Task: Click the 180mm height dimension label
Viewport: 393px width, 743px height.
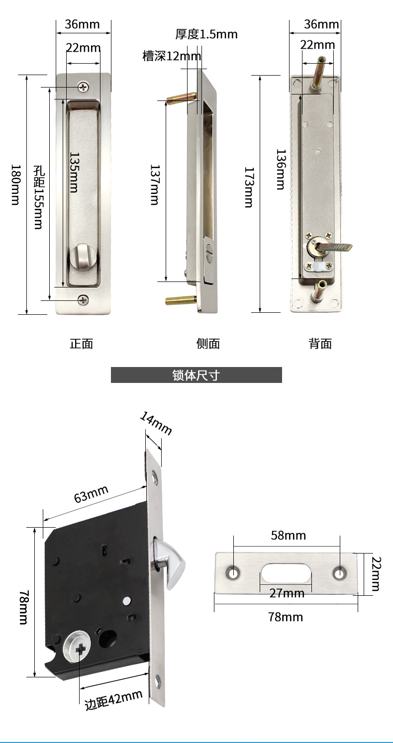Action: [x=16, y=185]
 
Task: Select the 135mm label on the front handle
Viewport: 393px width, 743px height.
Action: [x=74, y=173]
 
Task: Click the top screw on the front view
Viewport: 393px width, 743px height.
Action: [x=83, y=87]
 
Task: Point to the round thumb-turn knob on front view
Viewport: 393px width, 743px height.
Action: [x=81, y=256]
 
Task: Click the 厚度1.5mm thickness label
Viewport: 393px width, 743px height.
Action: [x=206, y=34]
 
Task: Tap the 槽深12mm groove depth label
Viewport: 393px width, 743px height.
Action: [x=172, y=56]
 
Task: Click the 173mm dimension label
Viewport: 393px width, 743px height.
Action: [x=249, y=187]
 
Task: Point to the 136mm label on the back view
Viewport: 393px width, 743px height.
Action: [x=281, y=169]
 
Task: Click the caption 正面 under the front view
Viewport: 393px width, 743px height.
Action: [x=81, y=344]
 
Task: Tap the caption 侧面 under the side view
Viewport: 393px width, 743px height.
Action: [x=208, y=344]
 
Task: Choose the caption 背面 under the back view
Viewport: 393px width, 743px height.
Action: [x=320, y=344]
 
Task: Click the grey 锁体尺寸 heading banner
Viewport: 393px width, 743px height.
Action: [x=196, y=375]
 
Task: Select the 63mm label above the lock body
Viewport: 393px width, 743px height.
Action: [x=91, y=494]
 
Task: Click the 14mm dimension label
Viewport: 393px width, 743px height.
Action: [x=156, y=423]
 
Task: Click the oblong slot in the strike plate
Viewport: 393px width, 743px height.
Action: [x=286, y=573]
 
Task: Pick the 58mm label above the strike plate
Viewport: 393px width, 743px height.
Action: [x=288, y=535]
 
